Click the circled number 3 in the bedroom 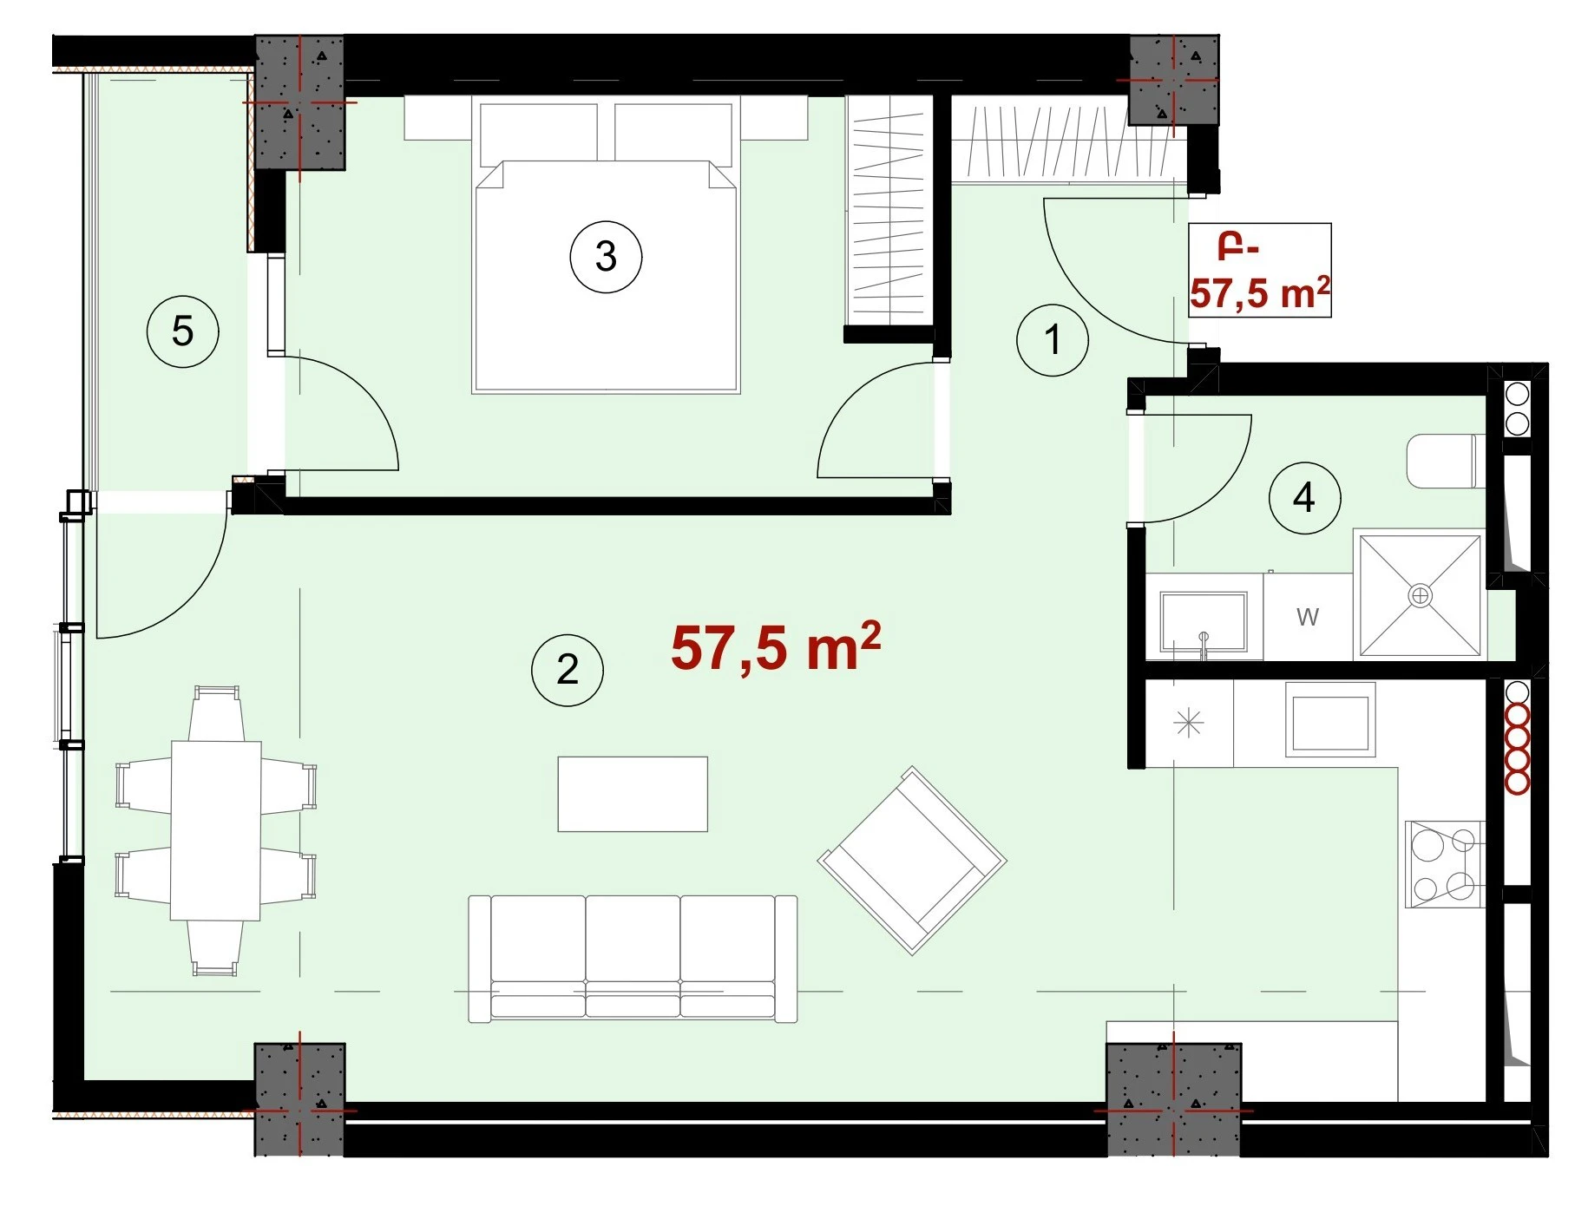(606, 257)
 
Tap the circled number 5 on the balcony (182, 331)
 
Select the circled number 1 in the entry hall (1053, 339)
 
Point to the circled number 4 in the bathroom (1304, 497)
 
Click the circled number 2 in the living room (568, 669)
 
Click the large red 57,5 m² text (776, 646)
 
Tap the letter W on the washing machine (1308, 617)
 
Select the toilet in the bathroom (1441, 462)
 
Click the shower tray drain (1420, 595)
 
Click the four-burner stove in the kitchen (1445, 864)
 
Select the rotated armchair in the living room (912, 861)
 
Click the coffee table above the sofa (633, 794)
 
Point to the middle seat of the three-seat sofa (633, 956)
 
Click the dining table (216, 830)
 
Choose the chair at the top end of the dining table (216, 712)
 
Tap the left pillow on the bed (538, 132)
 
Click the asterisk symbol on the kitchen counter (1189, 723)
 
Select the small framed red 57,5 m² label (1259, 270)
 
